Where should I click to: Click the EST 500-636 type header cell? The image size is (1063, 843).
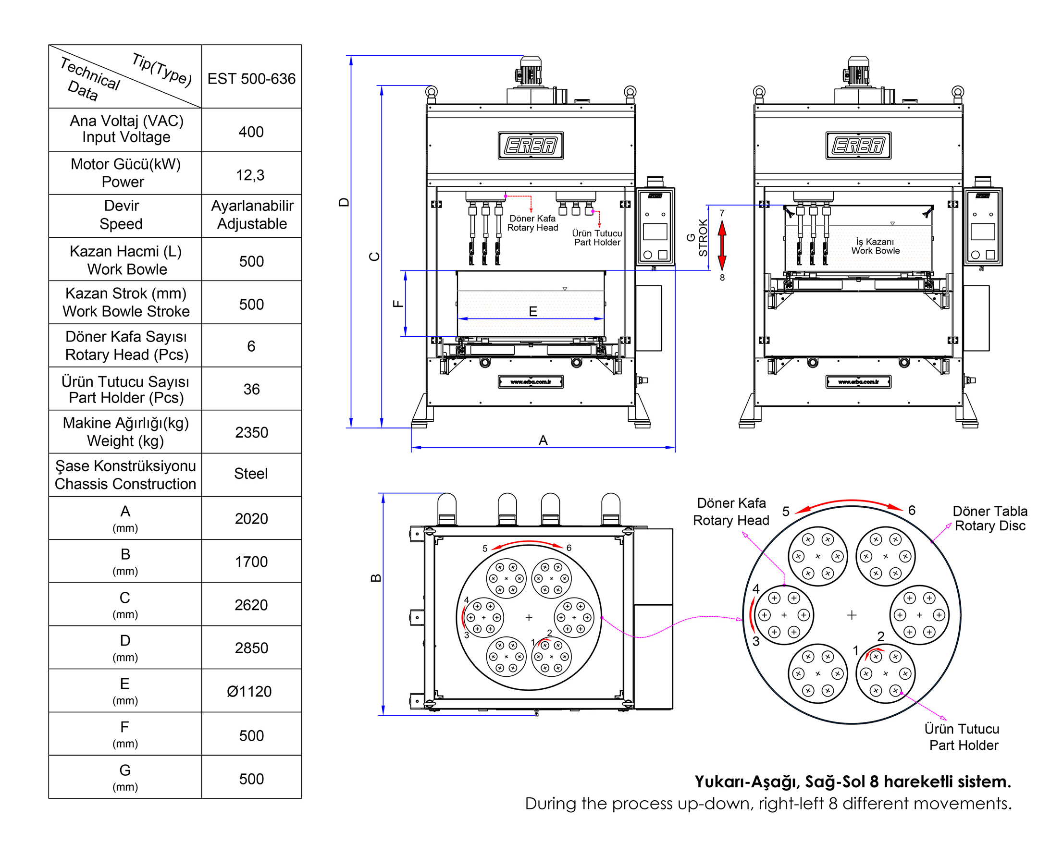pos(251,79)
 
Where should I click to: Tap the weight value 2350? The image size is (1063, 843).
pos(251,432)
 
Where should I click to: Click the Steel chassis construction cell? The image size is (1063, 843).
pos(250,474)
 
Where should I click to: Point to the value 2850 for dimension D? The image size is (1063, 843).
pos(251,648)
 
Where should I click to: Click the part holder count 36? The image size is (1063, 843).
pos(251,389)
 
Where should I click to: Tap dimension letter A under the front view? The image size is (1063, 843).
pos(543,440)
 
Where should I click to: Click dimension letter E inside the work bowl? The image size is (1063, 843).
pos(532,311)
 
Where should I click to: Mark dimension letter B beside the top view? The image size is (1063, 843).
pos(376,577)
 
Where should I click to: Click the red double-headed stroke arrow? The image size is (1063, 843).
pos(722,245)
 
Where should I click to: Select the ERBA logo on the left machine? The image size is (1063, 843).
pos(531,146)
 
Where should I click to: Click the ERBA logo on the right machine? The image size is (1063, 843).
pos(858,146)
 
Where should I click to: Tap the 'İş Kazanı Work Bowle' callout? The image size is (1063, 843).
pos(875,246)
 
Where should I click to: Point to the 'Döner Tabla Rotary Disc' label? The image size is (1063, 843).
pos(989,518)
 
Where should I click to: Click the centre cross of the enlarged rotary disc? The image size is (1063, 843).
pos(852,615)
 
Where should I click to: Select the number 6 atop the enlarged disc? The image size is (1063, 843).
pos(912,511)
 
